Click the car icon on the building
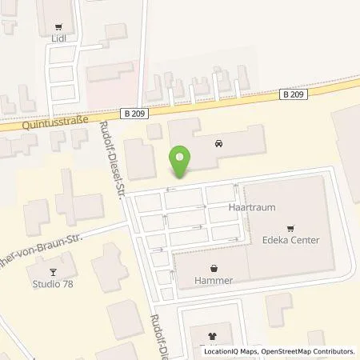(x=218, y=145)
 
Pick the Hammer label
(x=213, y=282)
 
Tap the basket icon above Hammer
(x=213, y=268)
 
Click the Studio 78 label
(x=50, y=283)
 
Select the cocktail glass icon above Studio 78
(x=50, y=270)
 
